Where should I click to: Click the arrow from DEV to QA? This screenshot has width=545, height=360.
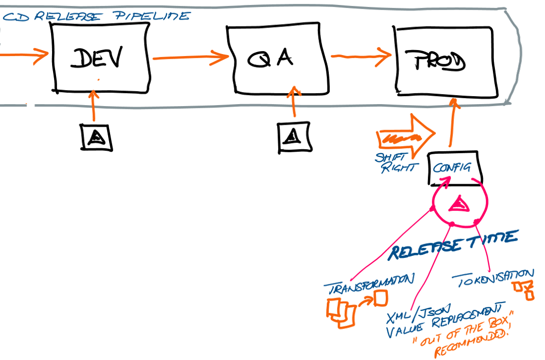[x=190, y=57]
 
